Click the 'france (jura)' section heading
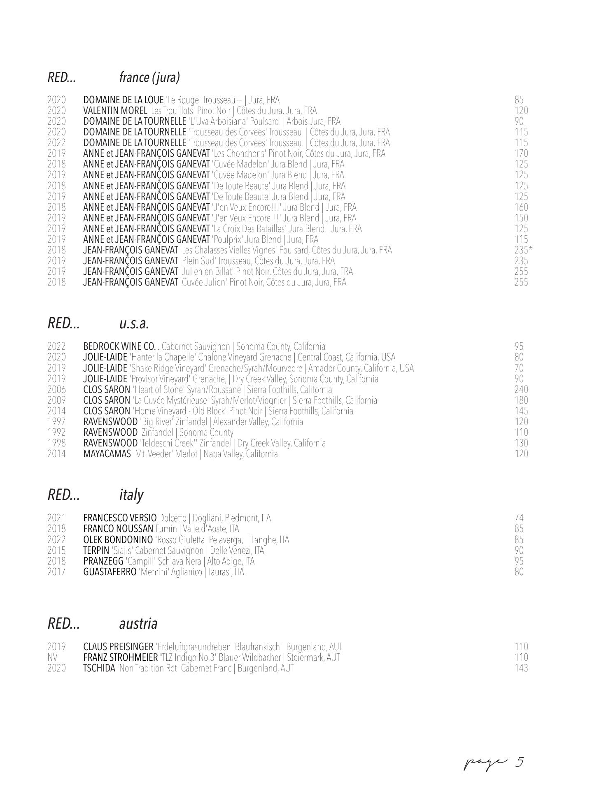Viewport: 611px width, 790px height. (x=149, y=77)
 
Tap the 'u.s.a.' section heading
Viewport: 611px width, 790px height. (x=134, y=324)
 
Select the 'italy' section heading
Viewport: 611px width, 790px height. (x=131, y=495)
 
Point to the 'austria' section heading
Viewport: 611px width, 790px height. (x=138, y=624)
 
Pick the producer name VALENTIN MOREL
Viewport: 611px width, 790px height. (x=115, y=111)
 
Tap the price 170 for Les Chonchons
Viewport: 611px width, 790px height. (x=521, y=153)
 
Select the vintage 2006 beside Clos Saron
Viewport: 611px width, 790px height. (x=56, y=390)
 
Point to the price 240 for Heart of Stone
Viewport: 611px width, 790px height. (x=521, y=390)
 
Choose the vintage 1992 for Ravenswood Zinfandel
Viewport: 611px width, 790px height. (x=56, y=432)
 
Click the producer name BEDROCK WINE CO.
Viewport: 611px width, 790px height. (x=119, y=346)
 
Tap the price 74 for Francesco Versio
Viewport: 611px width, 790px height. (x=519, y=518)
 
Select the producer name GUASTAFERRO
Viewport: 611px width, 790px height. (x=110, y=572)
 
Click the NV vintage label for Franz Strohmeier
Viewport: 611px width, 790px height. (x=52, y=658)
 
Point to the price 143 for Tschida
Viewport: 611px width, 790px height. (x=521, y=668)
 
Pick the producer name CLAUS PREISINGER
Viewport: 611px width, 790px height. (x=118, y=647)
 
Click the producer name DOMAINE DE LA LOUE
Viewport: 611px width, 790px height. (x=123, y=100)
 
